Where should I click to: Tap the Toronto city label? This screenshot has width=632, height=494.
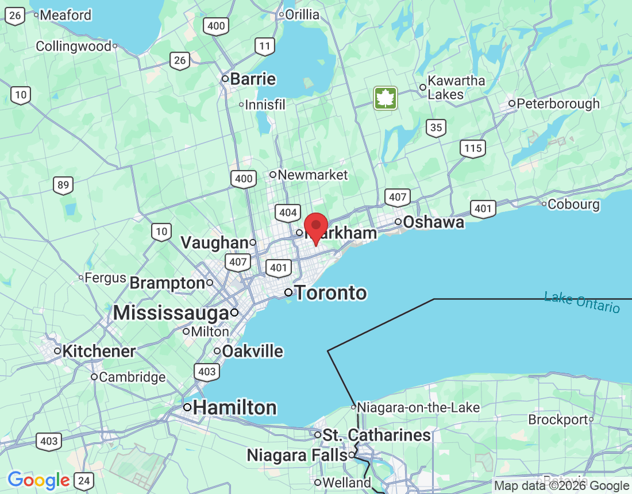coord(330,293)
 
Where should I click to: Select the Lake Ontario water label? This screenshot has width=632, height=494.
coord(582,302)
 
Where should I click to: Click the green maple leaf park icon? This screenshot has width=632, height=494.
coord(386,98)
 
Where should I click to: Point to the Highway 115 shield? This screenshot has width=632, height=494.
coord(472,148)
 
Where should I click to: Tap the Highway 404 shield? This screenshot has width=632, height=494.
coord(287,213)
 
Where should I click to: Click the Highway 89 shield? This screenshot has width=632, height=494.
coord(63,185)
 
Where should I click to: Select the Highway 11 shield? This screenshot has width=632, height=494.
coord(265,47)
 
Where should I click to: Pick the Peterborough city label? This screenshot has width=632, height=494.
coord(558,104)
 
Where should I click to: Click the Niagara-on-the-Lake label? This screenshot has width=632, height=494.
coord(418,407)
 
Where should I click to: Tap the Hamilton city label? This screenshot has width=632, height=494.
coord(234,408)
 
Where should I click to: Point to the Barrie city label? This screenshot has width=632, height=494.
coord(253,79)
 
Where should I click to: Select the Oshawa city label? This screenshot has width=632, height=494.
coord(433,222)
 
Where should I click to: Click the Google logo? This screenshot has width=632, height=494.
coord(38,480)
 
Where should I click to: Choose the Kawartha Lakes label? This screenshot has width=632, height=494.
coord(456,87)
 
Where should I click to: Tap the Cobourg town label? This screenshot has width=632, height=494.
coord(573,204)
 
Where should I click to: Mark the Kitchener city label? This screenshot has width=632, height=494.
coord(99,351)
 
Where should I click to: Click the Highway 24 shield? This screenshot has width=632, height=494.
coord(84,480)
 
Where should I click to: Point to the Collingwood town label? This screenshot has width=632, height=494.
coord(73,46)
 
